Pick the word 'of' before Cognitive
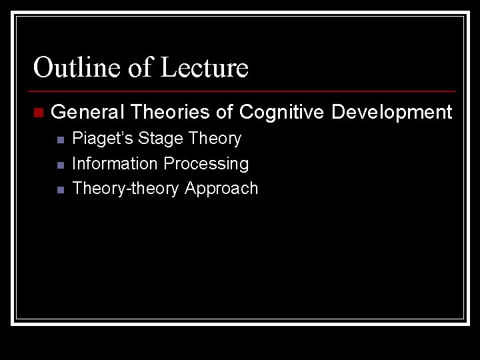[x=225, y=112]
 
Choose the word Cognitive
[x=281, y=112]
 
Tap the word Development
[x=391, y=112]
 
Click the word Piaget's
[x=103, y=139]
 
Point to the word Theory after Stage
[x=215, y=139]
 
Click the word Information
[x=115, y=163]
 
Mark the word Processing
[x=206, y=164]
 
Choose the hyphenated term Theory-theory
[x=125, y=189]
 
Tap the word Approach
[x=221, y=189]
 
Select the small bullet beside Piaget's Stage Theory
[x=60, y=140]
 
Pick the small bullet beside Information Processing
[x=60, y=165]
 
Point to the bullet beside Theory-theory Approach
[x=60, y=189]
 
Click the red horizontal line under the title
[x=243, y=91]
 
